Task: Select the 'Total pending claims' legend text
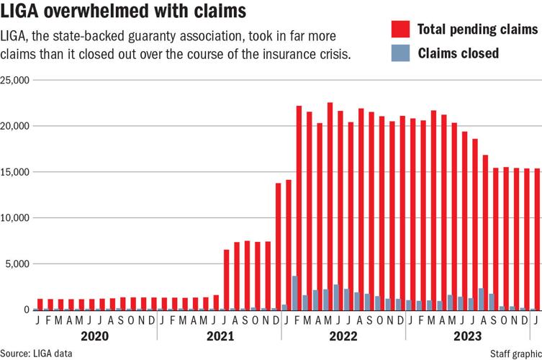[487, 30]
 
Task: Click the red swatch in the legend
[400, 30]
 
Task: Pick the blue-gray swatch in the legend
[400, 53]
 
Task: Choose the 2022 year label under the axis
[343, 335]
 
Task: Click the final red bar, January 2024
[537, 239]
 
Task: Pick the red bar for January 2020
[40, 304]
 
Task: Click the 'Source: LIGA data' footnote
[37, 354]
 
